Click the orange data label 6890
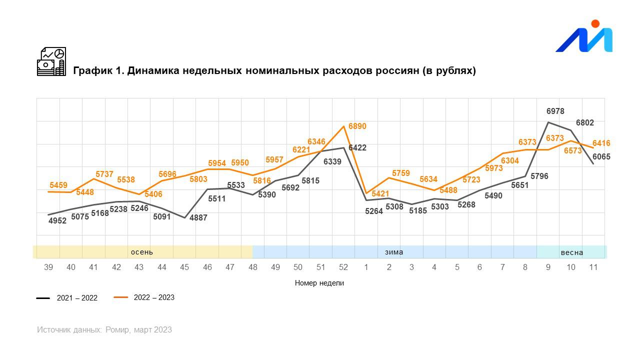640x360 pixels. pos(357,126)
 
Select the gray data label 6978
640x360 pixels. pos(555,111)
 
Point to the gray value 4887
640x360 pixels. pos(198,218)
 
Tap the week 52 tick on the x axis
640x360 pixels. pos(343,267)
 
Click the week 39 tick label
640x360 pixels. pos(48,267)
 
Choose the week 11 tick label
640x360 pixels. pos(593,267)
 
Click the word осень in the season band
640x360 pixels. pos(141,252)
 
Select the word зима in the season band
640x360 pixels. pos(394,252)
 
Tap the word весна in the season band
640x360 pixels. pos(571,252)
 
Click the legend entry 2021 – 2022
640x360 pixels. pos(77,298)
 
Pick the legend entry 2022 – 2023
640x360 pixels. pos(154,297)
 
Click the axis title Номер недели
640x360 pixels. pos(319,283)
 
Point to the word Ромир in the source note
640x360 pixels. pos(117,330)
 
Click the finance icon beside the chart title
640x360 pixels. pos(51,61)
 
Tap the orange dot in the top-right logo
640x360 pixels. pos(595,23)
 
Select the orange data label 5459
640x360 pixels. pos(58,185)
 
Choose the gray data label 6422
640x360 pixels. pos(357,148)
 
